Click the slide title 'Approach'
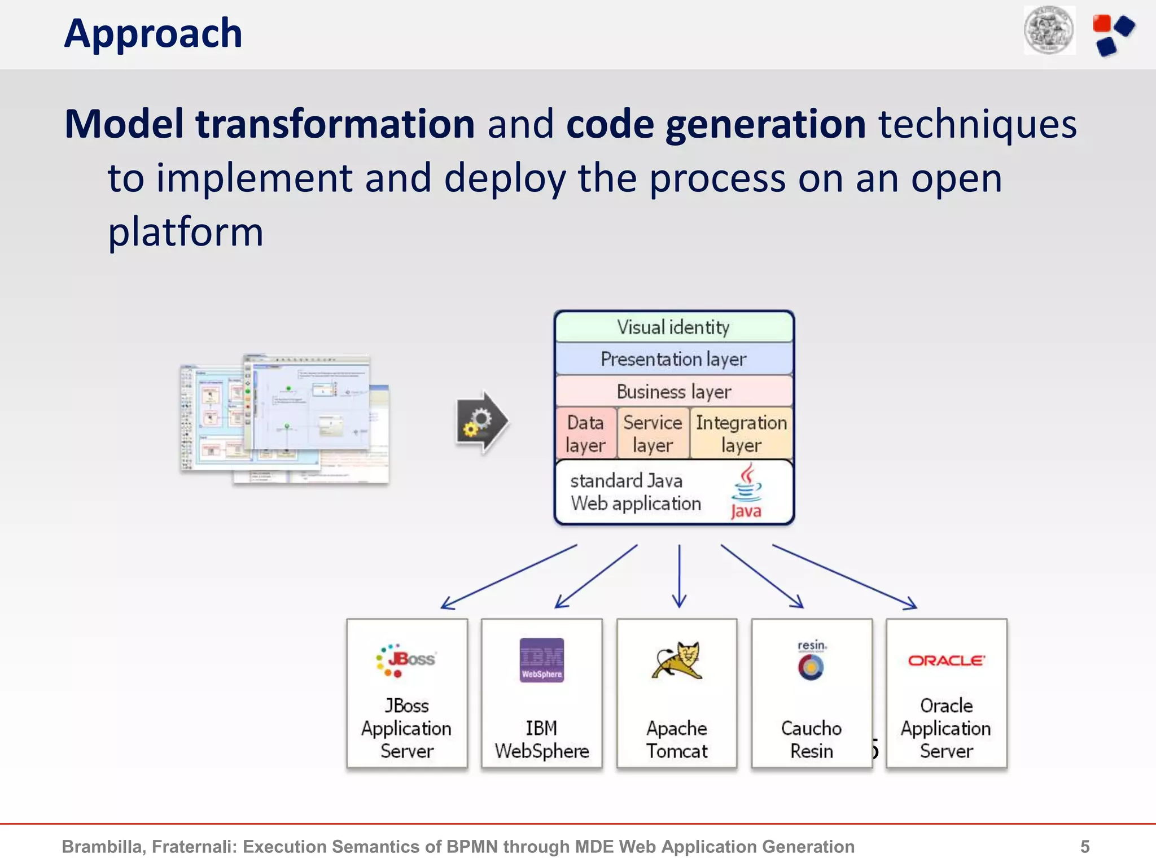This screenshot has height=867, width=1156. pos(153,34)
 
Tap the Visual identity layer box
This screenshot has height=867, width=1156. pos(673,327)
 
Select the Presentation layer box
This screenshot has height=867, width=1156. pos(673,359)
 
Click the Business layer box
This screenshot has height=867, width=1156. pos(673,391)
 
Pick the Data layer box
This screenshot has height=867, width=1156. pos(585,433)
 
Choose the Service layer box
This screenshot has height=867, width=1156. pos(653,433)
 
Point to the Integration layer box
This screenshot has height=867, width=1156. pos(741,433)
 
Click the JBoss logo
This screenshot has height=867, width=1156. pos(406,660)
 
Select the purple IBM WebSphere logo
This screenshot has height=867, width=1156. pos(541,660)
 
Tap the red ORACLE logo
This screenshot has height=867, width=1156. pos(947,660)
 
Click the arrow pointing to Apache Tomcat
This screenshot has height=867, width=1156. pos(679,576)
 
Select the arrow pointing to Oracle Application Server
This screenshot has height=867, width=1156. pos(844,576)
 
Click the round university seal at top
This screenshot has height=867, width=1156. pos(1049,30)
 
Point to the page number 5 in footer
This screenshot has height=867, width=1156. pos(1084,846)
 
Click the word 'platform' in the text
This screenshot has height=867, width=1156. pos(186,232)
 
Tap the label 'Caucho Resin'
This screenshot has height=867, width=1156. pos(811,739)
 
